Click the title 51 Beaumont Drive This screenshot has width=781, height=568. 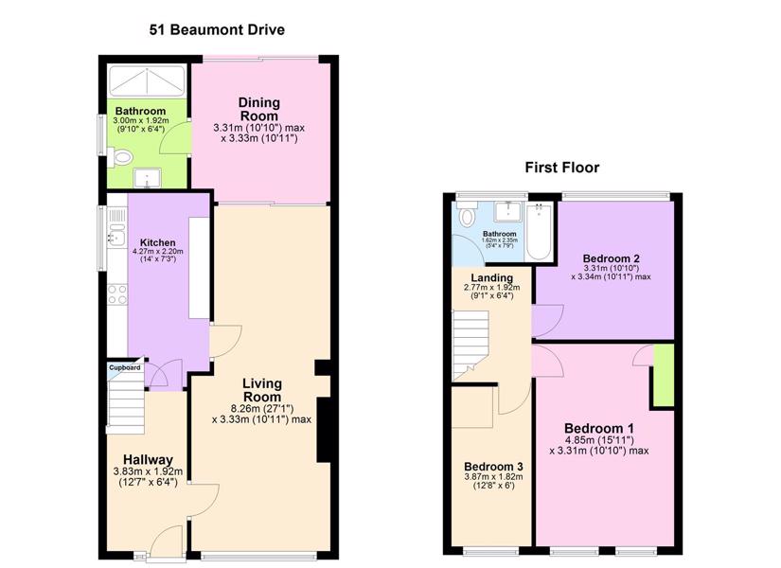point(217,30)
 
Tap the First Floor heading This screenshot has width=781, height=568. point(561,168)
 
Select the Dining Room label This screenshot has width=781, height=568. point(259,109)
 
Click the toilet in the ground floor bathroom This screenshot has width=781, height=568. point(120,157)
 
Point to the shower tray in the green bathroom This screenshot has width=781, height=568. point(147,80)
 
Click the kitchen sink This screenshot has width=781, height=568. point(116,235)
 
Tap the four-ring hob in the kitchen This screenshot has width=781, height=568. point(117,294)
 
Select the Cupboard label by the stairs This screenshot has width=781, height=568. point(125,367)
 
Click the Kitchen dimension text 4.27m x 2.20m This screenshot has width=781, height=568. point(158,251)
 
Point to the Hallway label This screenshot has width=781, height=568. point(148,459)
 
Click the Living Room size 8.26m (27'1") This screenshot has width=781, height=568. point(262,409)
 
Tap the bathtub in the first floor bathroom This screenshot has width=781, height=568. point(539,231)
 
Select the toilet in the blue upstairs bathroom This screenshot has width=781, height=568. point(467,214)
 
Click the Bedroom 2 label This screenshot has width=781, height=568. point(612,258)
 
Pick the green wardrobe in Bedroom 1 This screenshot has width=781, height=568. point(664,375)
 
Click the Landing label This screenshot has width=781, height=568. point(491,278)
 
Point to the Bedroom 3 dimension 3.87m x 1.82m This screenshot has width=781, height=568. point(493,477)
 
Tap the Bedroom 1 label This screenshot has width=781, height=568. point(599,429)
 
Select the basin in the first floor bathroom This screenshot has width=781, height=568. point(507,211)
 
